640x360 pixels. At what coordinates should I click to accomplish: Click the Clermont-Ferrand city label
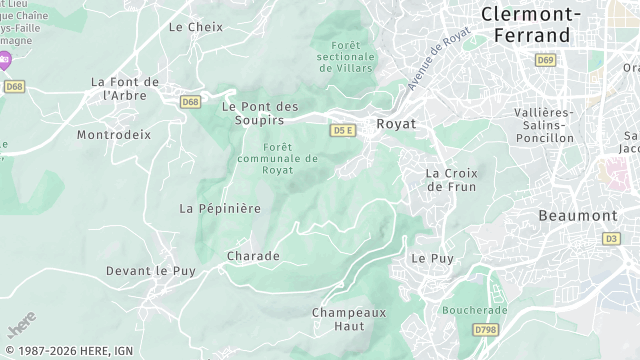point(529,24)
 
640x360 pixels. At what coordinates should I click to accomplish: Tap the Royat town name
point(395,124)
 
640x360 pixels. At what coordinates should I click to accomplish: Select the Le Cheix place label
point(196,27)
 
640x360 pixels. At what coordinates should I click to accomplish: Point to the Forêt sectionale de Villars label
point(344,56)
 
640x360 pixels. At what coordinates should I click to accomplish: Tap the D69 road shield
point(544,61)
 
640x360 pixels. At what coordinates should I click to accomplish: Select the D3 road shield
point(611,239)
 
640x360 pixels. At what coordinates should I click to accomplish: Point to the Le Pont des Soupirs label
point(260,113)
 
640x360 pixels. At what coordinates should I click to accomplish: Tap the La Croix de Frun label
point(451,180)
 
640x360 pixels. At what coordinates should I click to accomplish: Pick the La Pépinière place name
point(220,208)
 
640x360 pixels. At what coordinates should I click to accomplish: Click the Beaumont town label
point(578,215)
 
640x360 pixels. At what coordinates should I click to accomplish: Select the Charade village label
point(253,256)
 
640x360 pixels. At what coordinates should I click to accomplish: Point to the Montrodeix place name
point(114,134)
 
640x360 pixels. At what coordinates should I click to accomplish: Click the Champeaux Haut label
point(349,319)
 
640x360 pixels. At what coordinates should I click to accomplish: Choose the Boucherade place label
point(475,310)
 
